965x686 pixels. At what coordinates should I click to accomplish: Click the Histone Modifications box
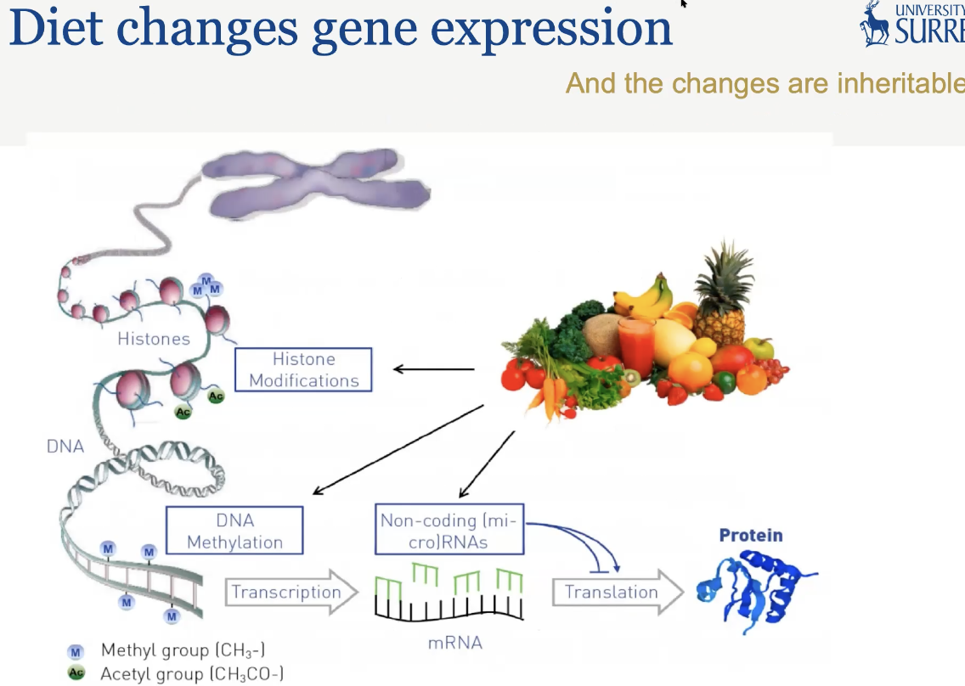[x=304, y=369]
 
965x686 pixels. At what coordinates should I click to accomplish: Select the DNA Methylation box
[x=234, y=531]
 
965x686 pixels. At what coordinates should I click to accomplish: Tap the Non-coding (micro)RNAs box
[x=449, y=531]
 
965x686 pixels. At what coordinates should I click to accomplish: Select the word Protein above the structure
[x=751, y=535]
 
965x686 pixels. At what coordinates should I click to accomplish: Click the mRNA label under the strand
[x=454, y=643]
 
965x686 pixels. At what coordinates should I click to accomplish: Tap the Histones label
[x=154, y=339]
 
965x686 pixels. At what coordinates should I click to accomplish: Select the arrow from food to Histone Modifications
[x=433, y=369]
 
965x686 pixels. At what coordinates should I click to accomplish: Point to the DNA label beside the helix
[x=65, y=445]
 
